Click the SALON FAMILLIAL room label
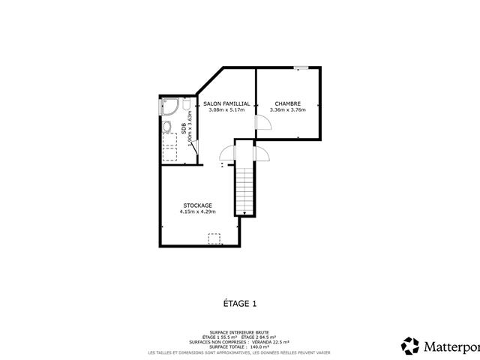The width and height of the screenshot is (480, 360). pos(226,103)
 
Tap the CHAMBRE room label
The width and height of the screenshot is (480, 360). pos(287,103)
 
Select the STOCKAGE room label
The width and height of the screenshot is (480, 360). pos(197,205)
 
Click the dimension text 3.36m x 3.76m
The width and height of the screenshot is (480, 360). pos(287,110)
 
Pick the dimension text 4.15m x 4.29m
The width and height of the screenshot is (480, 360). pos(197,212)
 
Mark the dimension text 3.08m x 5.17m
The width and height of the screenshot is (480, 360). pos(226,110)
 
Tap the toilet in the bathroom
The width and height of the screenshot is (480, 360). pos(185,107)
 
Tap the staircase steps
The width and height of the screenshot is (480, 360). pos(245,191)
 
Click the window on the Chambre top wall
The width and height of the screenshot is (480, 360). pos(300,68)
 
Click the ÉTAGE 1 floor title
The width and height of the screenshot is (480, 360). pos(240,304)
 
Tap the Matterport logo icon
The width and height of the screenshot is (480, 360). pos(410,346)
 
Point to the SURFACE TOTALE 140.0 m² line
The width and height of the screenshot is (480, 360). pos(240,346)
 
